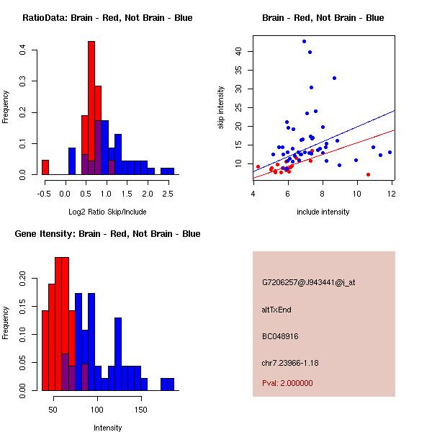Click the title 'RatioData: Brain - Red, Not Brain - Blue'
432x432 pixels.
tap(107, 18)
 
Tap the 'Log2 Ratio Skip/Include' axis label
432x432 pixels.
tap(107, 211)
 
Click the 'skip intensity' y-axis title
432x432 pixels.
tap(221, 107)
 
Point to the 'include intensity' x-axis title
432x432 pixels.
tap(323, 212)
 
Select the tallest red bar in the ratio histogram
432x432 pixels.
tap(91, 108)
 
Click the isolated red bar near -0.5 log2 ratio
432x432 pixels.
tap(45, 167)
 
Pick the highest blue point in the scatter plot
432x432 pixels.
tap(304, 41)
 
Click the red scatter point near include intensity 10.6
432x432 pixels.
tap(368, 174)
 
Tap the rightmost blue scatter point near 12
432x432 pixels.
tap(390, 152)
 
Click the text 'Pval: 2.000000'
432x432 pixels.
tap(287, 383)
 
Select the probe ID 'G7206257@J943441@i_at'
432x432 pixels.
tap(309, 282)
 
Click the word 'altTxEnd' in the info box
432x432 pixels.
tap(276, 310)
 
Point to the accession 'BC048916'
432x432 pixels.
tap(281, 336)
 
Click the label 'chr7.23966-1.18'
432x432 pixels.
tap(290, 362)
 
